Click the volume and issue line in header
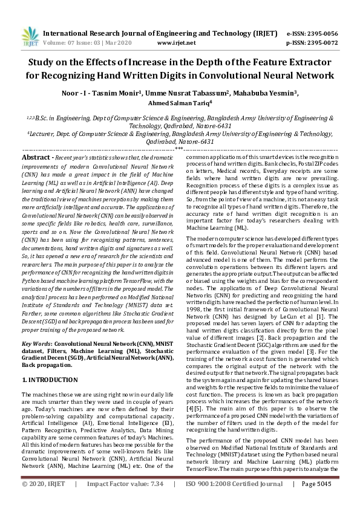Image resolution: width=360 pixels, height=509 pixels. click(93, 44)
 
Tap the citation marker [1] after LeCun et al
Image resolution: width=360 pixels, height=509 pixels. click(322, 317)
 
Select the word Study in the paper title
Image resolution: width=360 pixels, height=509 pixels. click(44, 63)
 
